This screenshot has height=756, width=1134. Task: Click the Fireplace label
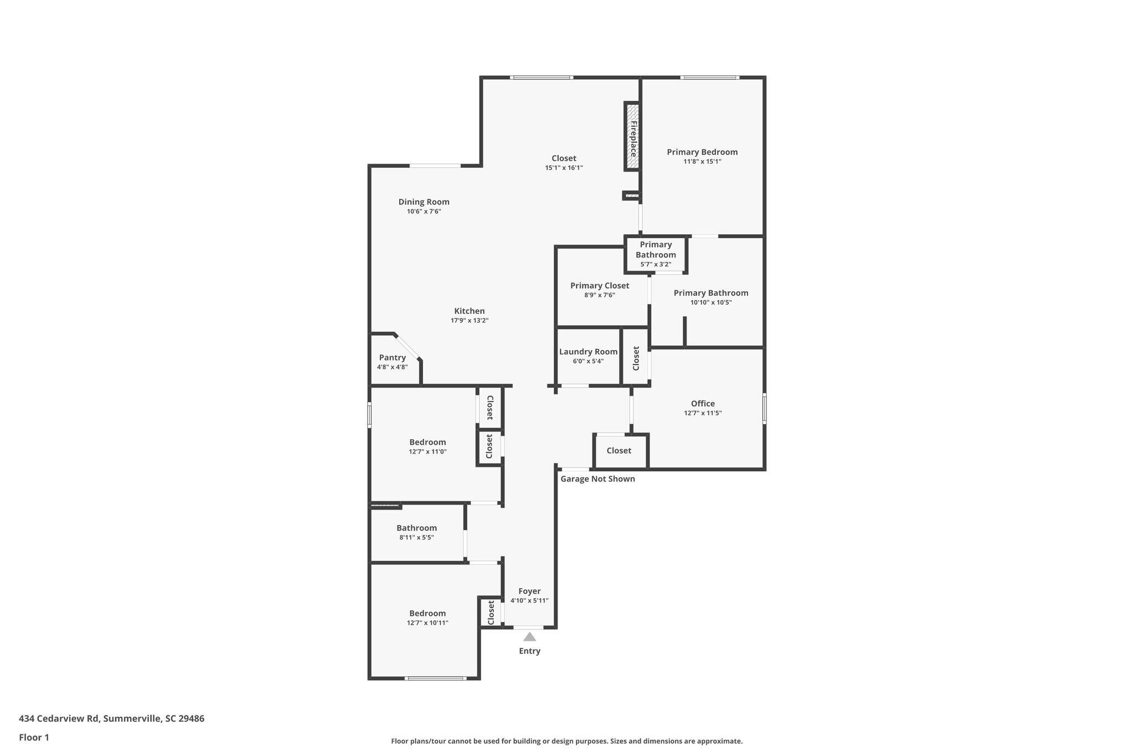(x=633, y=138)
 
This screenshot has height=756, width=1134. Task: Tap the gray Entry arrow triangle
(x=529, y=637)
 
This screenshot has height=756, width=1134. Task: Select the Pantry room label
(x=392, y=358)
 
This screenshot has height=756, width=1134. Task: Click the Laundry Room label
(x=588, y=352)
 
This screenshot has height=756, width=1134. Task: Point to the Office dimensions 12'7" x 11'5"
(x=703, y=413)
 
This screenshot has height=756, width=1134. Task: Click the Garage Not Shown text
(x=597, y=479)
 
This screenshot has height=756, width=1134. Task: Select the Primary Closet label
(x=600, y=286)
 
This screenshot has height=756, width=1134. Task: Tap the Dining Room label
(x=424, y=202)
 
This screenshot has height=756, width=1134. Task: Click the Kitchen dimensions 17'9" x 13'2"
(x=470, y=321)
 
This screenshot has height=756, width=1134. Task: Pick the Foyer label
(x=529, y=591)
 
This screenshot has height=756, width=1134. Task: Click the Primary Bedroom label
(x=702, y=152)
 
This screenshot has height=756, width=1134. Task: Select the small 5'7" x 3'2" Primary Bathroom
(x=656, y=254)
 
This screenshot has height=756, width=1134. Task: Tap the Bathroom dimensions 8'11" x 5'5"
(x=416, y=537)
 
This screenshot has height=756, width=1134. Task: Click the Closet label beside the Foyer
(x=491, y=612)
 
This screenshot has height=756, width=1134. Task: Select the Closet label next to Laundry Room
(x=636, y=358)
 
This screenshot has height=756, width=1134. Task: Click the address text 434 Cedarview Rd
(x=59, y=718)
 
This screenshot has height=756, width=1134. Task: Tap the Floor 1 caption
(x=34, y=737)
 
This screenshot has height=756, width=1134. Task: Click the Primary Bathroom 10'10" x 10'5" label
(x=710, y=294)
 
